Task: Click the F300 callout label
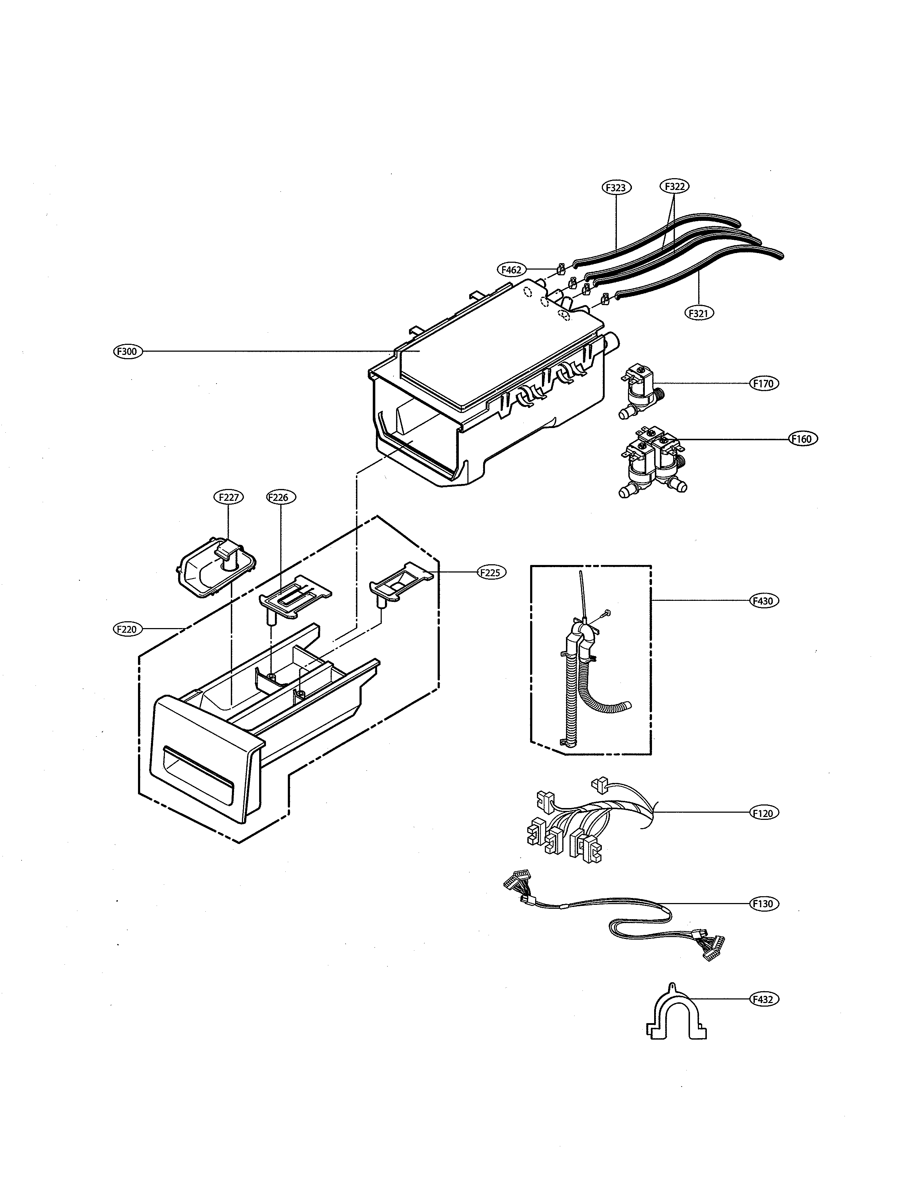tap(127, 352)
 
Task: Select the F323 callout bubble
tap(616, 187)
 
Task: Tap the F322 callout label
tap(674, 186)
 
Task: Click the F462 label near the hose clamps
tap(511, 269)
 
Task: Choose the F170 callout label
tap(763, 384)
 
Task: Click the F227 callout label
tap(229, 497)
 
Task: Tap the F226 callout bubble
tap(281, 497)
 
